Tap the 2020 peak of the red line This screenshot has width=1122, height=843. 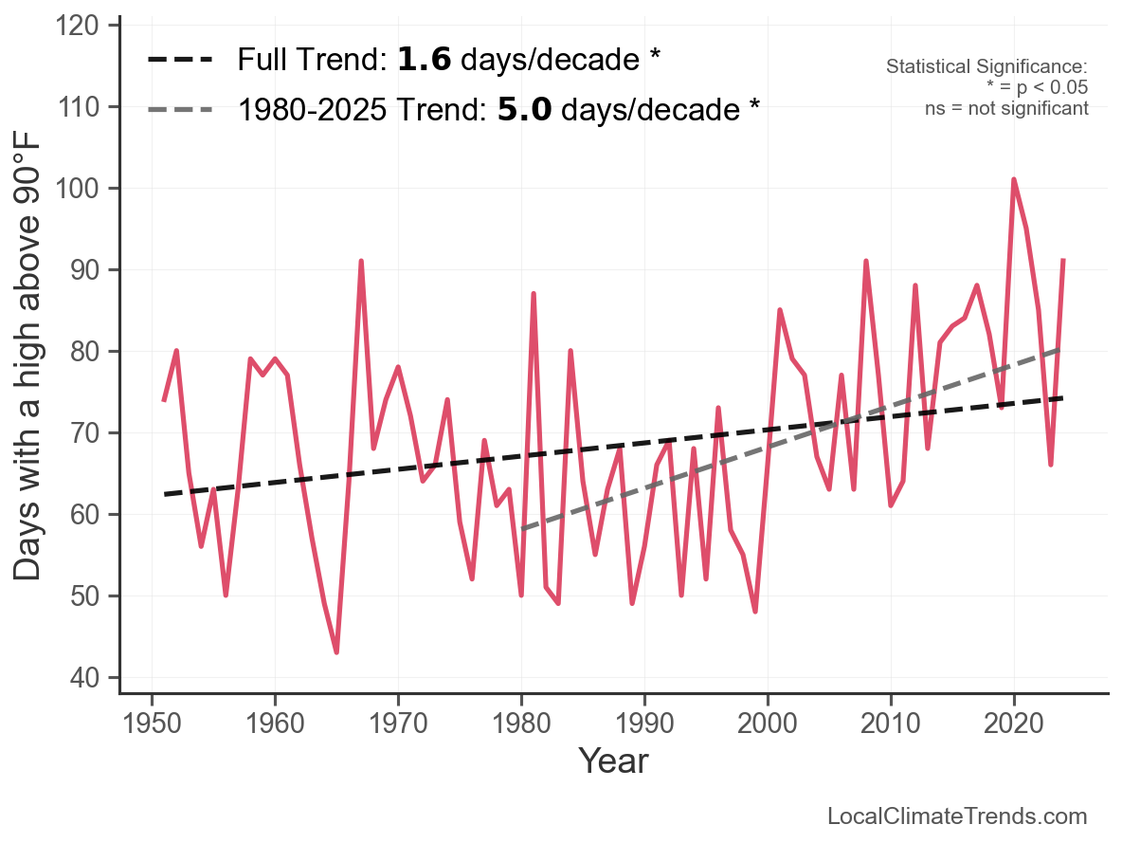coord(1014,179)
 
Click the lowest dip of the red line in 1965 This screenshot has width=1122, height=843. coord(336,652)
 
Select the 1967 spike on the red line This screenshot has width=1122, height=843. coord(361,261)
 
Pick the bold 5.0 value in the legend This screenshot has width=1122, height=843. coord(523,110)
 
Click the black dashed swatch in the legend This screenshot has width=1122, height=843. coord(181,61)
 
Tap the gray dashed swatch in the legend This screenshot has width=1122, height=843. coord(181,110)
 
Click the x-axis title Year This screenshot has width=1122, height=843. coord(613,761)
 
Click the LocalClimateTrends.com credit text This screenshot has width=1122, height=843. coord(957,816)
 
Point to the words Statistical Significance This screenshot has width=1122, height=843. coord(986,67)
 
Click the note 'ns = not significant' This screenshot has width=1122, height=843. coord(1006,108)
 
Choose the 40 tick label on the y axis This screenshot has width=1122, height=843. coord(84,678)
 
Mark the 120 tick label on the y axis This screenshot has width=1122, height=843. coord(80,26)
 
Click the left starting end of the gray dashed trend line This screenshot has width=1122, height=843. coord(522,528)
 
